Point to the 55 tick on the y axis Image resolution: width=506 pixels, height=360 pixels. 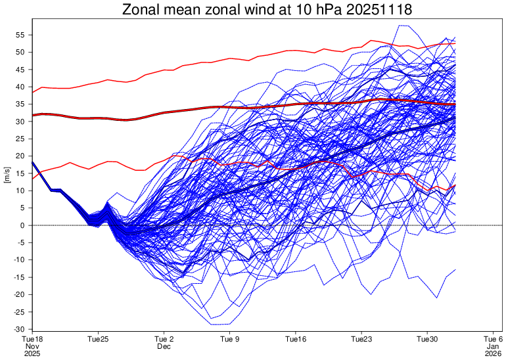20,35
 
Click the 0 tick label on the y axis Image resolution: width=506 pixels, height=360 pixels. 23,225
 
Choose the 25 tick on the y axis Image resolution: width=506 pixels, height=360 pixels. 20,139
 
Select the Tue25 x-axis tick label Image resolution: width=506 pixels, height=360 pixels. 98,339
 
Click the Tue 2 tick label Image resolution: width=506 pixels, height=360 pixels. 164,339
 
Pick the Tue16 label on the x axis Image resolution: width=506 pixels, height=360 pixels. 296,339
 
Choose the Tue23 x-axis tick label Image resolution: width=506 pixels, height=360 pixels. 361,339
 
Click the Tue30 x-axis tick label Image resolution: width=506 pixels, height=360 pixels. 428,339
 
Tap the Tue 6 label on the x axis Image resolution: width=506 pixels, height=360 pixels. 494,339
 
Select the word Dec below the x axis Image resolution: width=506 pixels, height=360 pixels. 164,346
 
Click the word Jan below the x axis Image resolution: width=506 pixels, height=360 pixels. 494,346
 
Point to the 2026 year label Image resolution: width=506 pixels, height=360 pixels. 494,353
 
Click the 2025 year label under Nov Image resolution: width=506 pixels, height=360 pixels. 32,353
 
